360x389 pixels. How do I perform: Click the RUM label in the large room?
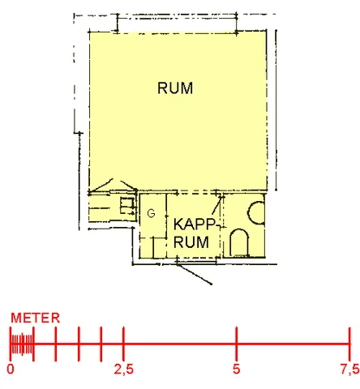click(x=175, y=88)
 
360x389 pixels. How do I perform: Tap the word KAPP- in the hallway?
click(x=195, y=224)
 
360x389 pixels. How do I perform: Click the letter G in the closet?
click(x=151, y=213)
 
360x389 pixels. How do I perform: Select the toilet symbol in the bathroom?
click(x=239, y=242)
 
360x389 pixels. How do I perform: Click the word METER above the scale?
click(x=35, y=318)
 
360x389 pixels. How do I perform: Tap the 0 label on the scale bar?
click(x=11, y=369)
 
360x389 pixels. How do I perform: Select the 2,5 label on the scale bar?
click(x=123, y=370)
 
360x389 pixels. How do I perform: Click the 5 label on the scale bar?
click(x=237, y=369)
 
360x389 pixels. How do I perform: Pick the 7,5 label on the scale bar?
click(x=349, y=370)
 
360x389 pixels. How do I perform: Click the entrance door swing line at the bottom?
click(x=194, y=274)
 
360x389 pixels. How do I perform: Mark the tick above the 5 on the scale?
click(x=237, y=344)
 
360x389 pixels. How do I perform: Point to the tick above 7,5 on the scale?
click(x=349, y=344)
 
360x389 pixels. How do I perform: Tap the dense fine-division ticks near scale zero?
click(x=22, y=344)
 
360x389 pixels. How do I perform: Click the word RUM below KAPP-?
click(x=191, y=242)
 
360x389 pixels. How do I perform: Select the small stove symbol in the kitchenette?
click(x=127, y=206)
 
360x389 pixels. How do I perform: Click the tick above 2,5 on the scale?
click(x=123, y=344)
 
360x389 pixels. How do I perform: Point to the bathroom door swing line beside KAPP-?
click(x=217, y=206)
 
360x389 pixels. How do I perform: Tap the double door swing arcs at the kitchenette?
click(x=113, y=186)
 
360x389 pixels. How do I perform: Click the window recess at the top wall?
click(x=177, y=24)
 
